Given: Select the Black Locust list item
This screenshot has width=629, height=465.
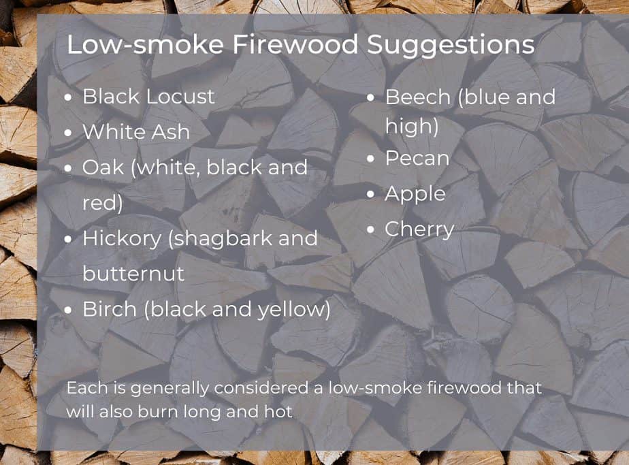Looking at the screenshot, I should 148,96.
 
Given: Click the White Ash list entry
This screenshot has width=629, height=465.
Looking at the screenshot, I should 136,131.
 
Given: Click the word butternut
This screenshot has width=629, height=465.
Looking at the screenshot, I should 133,274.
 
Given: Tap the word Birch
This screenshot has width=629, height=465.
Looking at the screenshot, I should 106,309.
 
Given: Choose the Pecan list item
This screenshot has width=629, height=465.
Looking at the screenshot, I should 417,158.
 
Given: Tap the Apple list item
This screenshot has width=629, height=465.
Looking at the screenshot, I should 415,193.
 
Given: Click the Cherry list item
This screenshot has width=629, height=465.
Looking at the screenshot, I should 419,229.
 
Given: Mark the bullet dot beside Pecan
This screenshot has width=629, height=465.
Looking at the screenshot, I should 370,159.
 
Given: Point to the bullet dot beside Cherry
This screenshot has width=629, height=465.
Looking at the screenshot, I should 370,229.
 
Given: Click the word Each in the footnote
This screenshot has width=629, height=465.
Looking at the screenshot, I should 83,388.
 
